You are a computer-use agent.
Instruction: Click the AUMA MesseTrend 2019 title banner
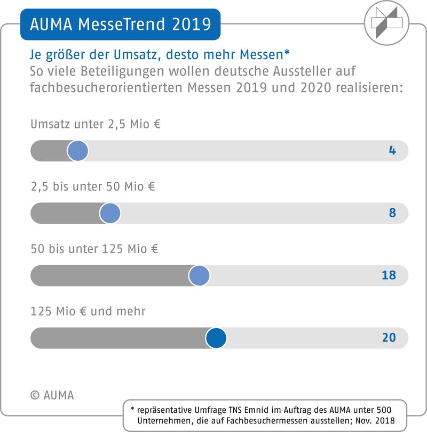(x=120, y=25)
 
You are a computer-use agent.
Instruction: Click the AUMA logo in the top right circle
(x=387, y=22)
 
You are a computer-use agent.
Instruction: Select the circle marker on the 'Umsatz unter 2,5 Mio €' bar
(x=78, y=151)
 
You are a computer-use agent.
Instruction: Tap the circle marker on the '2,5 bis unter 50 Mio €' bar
(x=110, y=213)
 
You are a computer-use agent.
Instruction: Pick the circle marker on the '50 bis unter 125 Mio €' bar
(x=200, y=275)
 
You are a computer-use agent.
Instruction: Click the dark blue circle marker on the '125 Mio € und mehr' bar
(x=216, y=338)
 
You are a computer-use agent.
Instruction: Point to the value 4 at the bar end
(x=392, y=151)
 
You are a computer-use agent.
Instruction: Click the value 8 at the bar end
(x=392, y=213)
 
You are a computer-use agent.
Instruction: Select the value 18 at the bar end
(x=389, y=275)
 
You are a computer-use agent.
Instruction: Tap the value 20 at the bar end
(x=389, y=338)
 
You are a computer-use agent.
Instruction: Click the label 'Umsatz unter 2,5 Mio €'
(x=96, y=125)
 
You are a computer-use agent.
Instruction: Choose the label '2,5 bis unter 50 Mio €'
(x=93, y=187)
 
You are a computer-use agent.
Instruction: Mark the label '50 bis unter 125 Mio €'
(x=94, y=249)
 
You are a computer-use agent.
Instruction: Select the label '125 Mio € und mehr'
(x=88, y=311)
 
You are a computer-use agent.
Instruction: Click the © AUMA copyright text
(x=52, y=395)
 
